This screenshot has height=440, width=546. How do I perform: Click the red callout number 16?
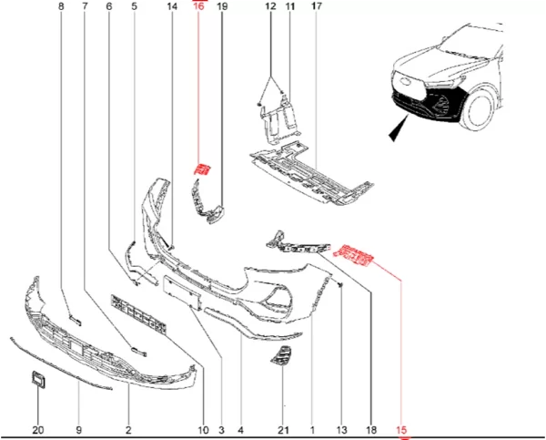[198, 6]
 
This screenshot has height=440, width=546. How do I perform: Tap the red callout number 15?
[401, 430]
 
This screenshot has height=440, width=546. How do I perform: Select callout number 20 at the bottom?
[38, 430]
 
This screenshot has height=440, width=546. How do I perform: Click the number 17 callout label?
[316, 6]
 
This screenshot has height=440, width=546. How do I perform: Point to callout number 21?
[283, 430]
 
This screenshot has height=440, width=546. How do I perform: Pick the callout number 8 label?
[61, 6]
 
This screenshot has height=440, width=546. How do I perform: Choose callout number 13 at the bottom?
[341, 430]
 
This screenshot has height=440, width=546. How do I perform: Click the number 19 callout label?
[222, 6]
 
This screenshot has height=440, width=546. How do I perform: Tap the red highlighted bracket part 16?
[202, 169]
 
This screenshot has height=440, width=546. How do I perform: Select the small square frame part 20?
[38, 379]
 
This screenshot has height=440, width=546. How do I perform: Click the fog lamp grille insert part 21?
[281, 356]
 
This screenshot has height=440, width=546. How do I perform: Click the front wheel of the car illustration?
[478, 108]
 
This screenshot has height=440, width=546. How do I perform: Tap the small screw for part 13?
[340, 285]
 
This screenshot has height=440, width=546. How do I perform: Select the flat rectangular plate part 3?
[182, 292]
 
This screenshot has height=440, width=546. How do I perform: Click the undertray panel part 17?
[311, 173]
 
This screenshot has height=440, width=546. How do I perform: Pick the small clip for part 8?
[76, 321]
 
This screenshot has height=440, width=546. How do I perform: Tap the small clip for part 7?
[138, 352]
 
